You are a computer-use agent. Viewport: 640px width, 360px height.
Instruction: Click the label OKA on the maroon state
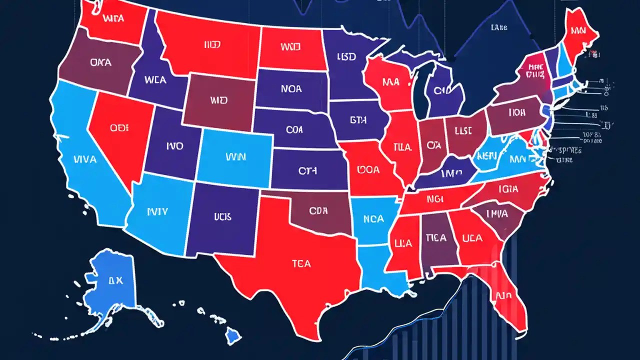[x=101, y=63]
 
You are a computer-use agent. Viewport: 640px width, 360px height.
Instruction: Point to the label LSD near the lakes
[x=346, y=56]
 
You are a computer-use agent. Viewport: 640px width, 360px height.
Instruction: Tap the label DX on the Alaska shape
[x=115, y=281]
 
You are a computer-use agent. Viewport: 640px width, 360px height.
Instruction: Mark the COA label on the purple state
[x=295, y=129]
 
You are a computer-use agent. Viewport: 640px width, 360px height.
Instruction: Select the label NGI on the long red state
[x=432, y=198]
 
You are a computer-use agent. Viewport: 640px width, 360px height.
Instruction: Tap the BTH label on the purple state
[x=358, y=120]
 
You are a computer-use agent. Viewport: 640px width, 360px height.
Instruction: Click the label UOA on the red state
[x=368, y=169]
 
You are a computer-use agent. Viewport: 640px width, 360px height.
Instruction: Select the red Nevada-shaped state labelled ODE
[x=118, y=128]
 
